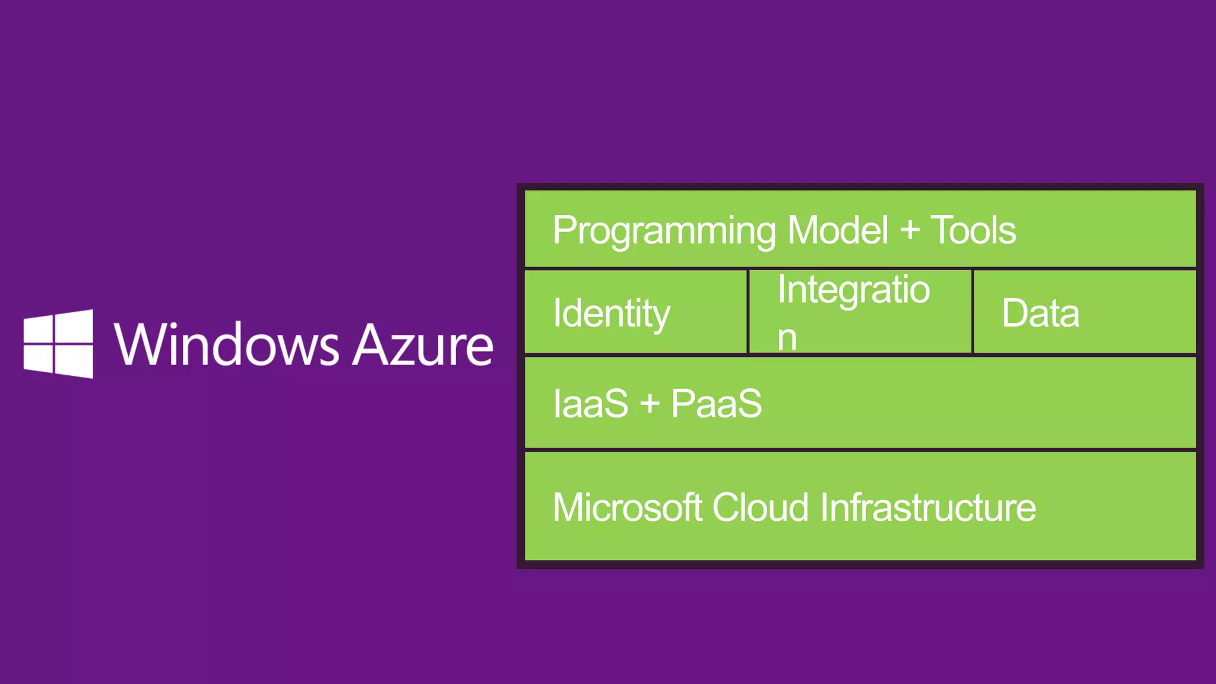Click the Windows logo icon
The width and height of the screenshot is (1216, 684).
coord(58,344)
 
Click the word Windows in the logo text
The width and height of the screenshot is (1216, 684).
coord(226,344)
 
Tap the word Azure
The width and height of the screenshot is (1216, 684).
coord(422,344)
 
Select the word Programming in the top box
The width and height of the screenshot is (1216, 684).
coord(664,231)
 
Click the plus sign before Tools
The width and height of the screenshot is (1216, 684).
coord(910,230)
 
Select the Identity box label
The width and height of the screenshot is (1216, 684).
coord(612,313)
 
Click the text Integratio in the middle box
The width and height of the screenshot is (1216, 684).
coord(853,289)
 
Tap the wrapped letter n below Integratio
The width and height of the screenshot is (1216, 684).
coord(787,338)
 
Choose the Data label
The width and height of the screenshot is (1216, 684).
coord(1040,313)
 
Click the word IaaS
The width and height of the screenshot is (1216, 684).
coord(590,404)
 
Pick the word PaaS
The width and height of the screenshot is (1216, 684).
coord(716,404)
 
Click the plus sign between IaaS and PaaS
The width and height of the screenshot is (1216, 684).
coord(650,404)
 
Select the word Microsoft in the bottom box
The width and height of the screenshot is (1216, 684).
coord(628,508)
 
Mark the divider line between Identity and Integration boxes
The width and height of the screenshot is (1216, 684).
coord(748,312)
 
